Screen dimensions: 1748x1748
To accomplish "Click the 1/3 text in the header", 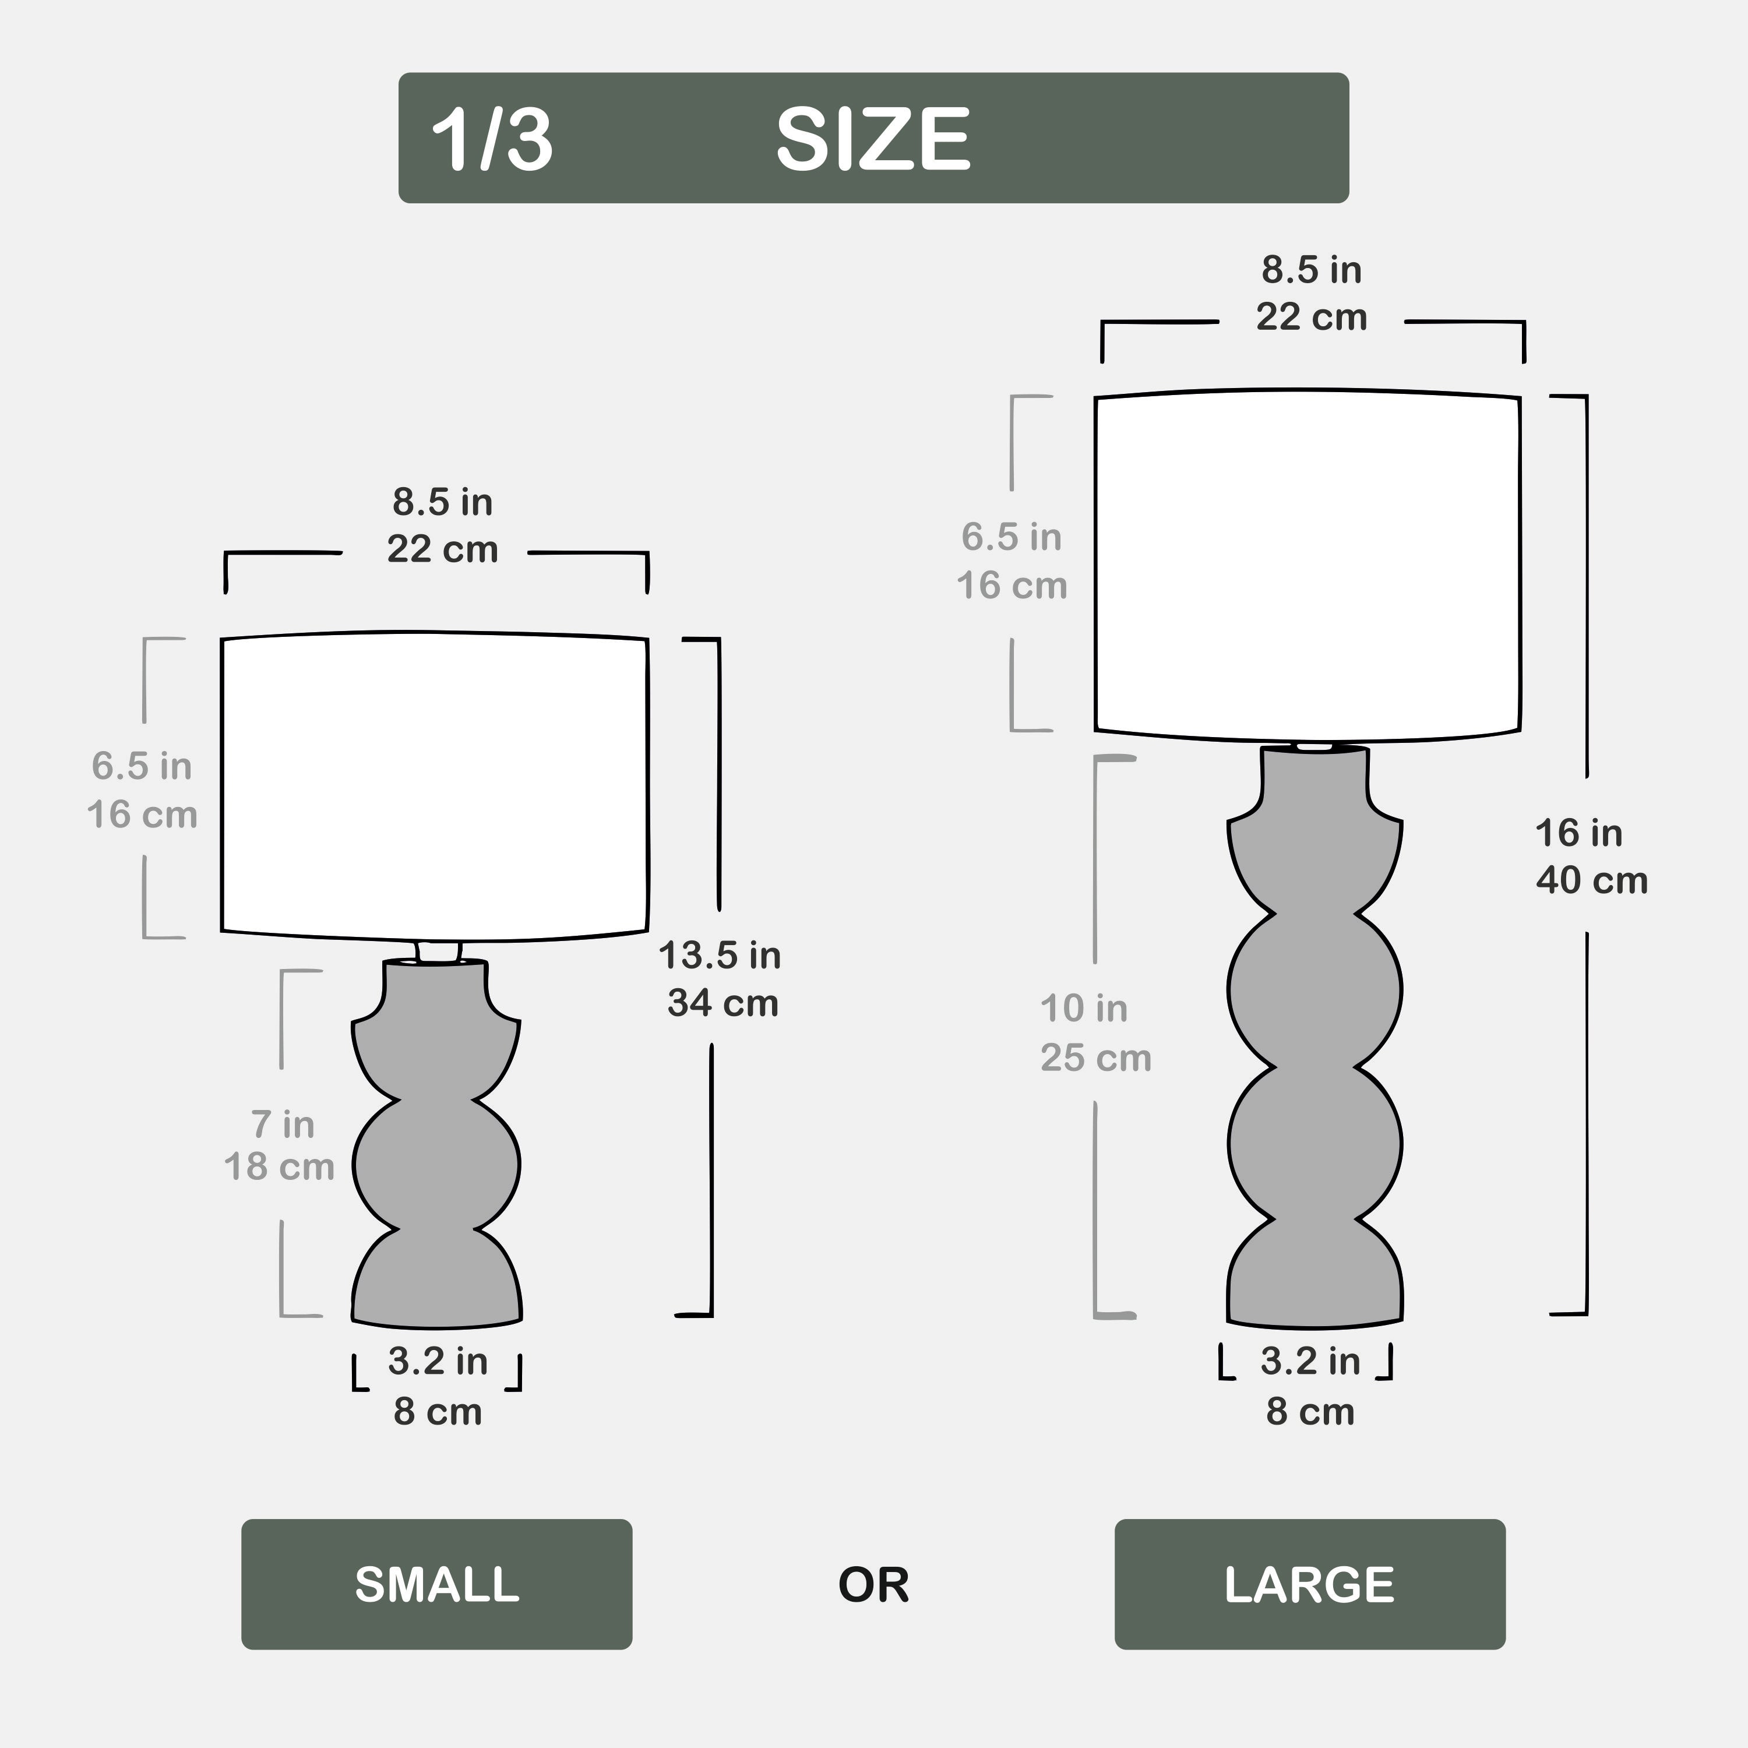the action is (491, 139).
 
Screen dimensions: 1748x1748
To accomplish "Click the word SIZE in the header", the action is (873, 139).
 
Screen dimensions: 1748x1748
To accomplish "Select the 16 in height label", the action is (1579, 833).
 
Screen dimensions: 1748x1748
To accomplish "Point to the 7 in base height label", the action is (282, 1125).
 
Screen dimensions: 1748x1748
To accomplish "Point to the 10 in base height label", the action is (1084, 1008).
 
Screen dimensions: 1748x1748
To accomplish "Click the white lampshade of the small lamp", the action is (435, 786).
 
